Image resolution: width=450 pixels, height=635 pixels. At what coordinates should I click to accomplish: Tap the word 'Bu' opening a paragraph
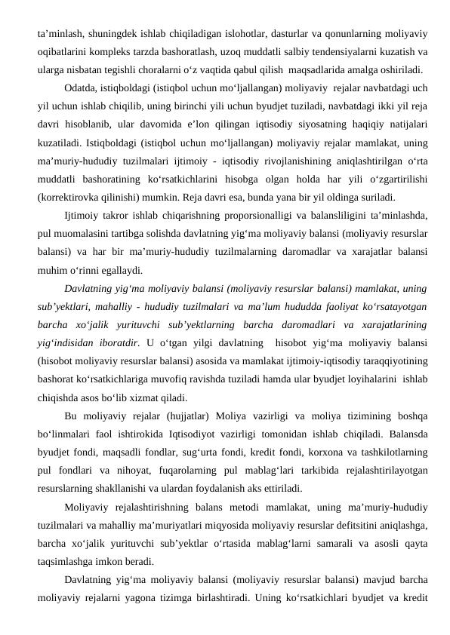(x=72, y=417)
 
